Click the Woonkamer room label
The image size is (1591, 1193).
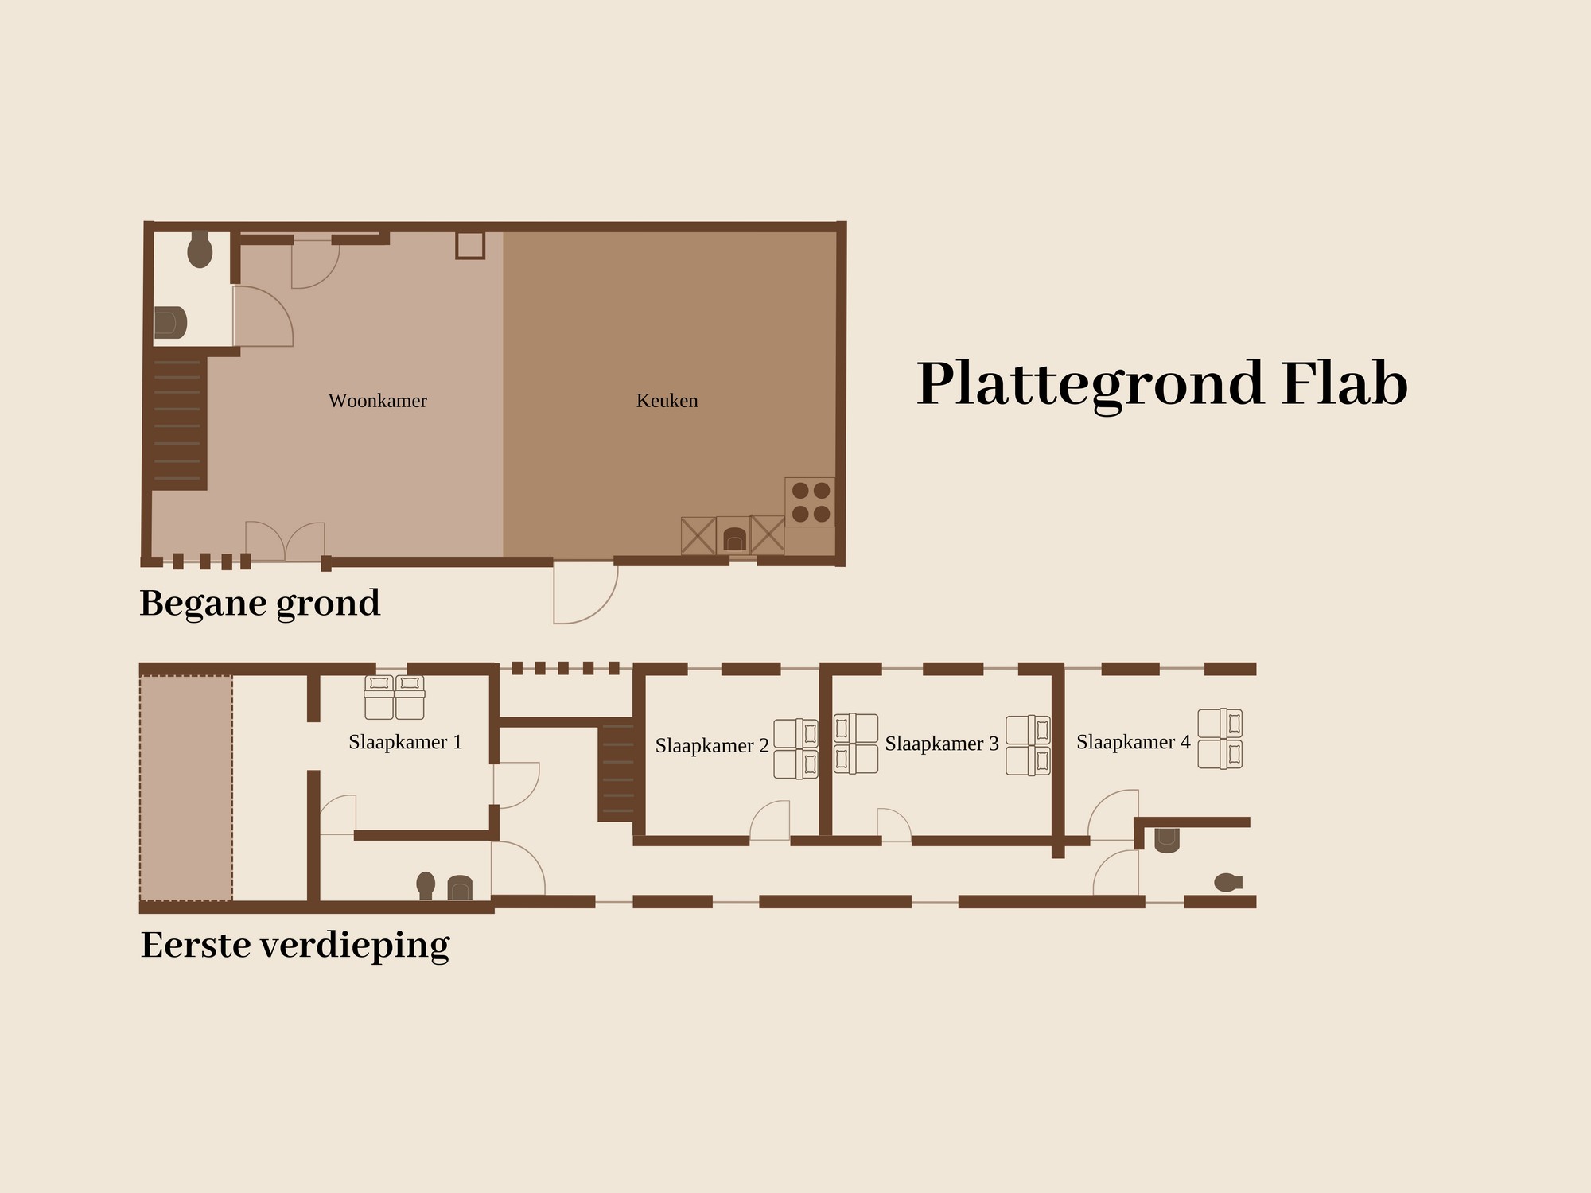tap(378, 401)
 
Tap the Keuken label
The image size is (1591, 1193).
tap(667, 401)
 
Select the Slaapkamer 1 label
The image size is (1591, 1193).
tap(406, 742)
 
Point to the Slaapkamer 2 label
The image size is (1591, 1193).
tap(712, 746)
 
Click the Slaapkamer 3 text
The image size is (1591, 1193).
tap(942, 744)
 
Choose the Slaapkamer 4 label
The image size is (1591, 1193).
tap(1134, 742)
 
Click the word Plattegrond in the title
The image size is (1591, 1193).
tap(1091, 385)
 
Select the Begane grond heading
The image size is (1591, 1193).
tap(260, 604)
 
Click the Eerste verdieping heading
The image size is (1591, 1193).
tap(295, 946)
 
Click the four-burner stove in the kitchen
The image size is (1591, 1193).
tap(810, 502)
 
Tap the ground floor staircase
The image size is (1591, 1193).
tap(179, 423)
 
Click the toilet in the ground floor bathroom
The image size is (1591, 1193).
tap(200, 250)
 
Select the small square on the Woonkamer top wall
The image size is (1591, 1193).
tap(470, 245)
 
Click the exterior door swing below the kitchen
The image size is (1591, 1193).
tap(585, 593)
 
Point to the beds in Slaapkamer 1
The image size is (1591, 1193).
tap(395, 698)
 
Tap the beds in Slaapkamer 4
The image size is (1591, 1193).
tap(1220, 739)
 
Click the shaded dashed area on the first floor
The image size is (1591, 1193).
tap(186, 788)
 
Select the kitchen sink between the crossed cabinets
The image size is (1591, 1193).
tap(733, 536)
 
